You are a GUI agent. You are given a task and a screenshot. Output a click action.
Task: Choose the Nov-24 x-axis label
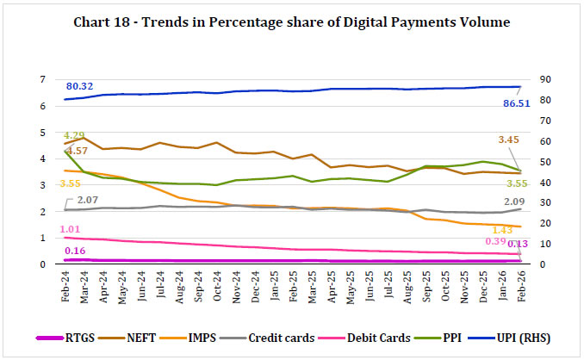237,284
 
